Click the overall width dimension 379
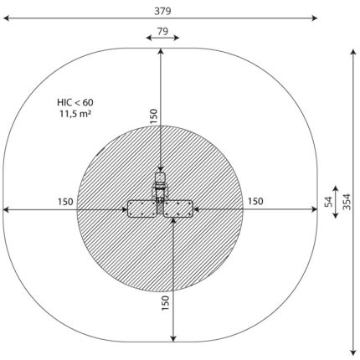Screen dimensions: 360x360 (162, 11)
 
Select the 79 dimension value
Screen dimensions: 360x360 (162, 32)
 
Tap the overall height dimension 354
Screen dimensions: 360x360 (347, 202)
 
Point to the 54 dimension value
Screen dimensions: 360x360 (329, 202)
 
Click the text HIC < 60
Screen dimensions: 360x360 (75, 102)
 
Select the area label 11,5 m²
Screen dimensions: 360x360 (75, 114)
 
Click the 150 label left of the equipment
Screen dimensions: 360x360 (65, 202)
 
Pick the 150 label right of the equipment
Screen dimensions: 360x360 (255, 201)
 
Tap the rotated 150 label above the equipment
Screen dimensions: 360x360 (154, 116)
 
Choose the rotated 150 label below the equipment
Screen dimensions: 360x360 (165, 303)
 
